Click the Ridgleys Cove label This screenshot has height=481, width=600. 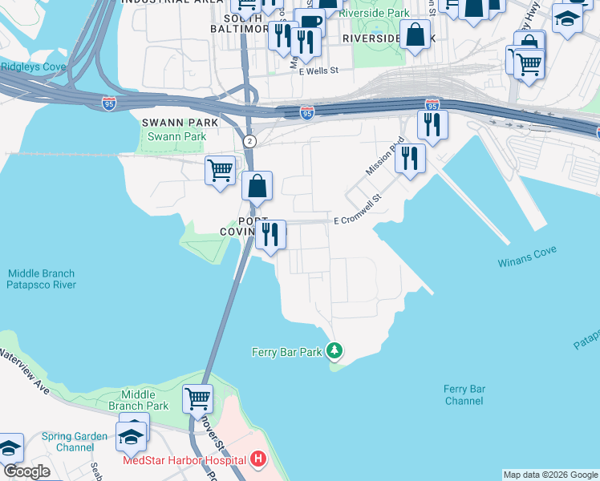point(33,67)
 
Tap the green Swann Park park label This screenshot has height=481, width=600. point(173,136)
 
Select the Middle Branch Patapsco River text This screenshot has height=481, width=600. point(41,278)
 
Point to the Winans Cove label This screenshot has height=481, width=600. point(525,262)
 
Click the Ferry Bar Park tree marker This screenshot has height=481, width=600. point(335,350)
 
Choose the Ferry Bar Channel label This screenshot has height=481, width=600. point(464,394)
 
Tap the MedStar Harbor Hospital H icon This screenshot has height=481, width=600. point(258,459)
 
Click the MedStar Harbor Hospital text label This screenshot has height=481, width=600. point(184,459)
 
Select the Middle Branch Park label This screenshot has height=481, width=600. point(145,400)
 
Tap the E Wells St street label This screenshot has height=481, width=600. point(318,71)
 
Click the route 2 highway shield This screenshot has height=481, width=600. point(250,141)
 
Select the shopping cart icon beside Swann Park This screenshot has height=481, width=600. point(220,170)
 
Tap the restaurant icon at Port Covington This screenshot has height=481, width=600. point(270,234)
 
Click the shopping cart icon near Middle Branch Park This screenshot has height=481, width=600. point(197,397)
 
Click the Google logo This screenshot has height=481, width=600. point(26,471)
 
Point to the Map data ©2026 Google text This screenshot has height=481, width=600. point(550,475)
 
